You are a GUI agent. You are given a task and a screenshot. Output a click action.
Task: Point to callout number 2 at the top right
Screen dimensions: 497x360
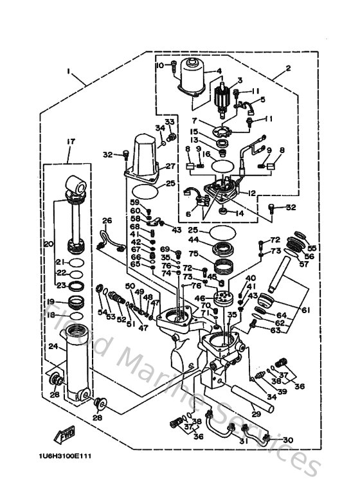(287, 68)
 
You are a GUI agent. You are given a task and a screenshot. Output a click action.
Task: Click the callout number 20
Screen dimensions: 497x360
(47, 244)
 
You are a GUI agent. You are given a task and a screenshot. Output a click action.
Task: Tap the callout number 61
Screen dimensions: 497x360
(306, 310)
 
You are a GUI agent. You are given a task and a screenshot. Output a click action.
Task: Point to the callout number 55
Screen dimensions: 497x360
(312, 247)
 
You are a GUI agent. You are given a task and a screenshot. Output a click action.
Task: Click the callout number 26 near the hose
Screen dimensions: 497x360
(107, 221)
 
